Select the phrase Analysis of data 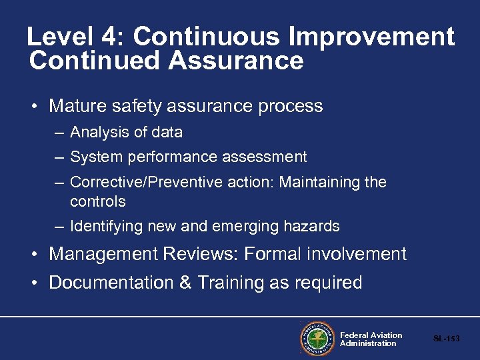click(x=126, y=132)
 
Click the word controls click(x=97, y=201)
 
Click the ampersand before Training click(x=185, y=283)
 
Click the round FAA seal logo click(x=317, y=339)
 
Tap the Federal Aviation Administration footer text click(x=371, y=339)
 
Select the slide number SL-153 click(x=446, y=339)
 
